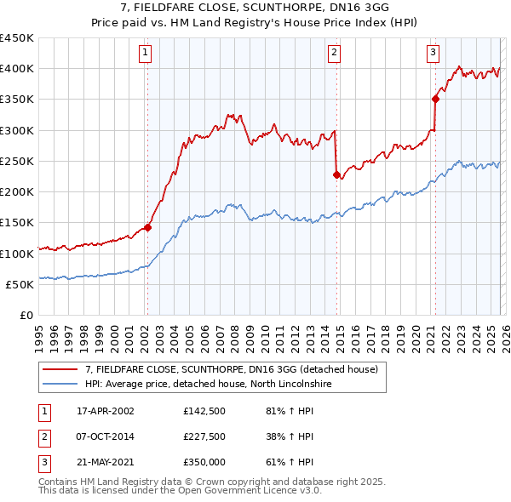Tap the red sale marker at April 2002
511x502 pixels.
pyautogui.click(x=147, y=227)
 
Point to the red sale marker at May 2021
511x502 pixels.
pyautogui.click(x=435, y=99)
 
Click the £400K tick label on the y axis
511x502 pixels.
pyautogui.click(x=17, y=69)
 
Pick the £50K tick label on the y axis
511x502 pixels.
pyautogui.click(x=20, y=285)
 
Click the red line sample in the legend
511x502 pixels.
pyautogui.click(x=60, y=369)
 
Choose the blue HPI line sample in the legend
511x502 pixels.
pyautogui.click(x=60, y=384)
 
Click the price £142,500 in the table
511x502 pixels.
pyautogui.click(x=204, y=411)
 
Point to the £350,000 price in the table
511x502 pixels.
pyautogui.click(x=204, y=462)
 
